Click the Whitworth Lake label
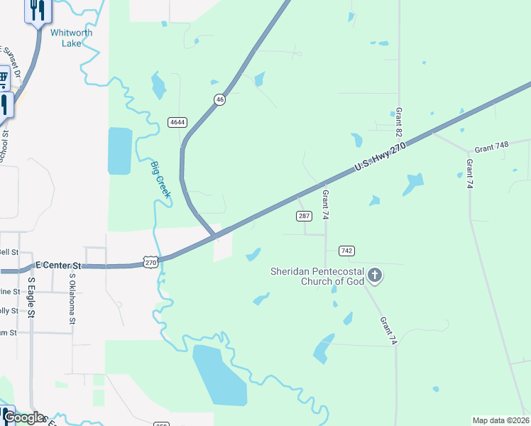[x=71, y=38]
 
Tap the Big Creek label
[x=160, y=180]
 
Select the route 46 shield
[x=220, y=100]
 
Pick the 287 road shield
[x=304, y=216]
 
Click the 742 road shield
[x=346, y=251]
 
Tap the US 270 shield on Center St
[x=150, y=263]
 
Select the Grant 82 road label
[x=399, y=123]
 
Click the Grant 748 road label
[x=492, y=148]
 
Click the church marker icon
[x=376, y=275]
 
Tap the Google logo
[x=23, y=418]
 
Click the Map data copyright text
[x=500, y=420]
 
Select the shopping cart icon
[x=3, y=77]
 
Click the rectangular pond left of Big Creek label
[x=120, y=151]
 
